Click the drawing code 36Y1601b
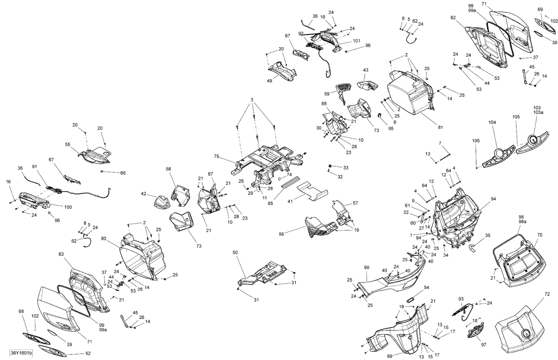[22, 353]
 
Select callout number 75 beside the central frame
[217, 156]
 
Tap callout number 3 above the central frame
[252, 100]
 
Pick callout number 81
[440, 128]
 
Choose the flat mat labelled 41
[312, 191]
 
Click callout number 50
[235, 253]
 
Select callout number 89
[390, 356]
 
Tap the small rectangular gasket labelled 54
[410, 299]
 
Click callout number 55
[68, 145]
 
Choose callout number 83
[61, 254]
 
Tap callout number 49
[269, 81]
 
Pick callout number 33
[346, 168]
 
